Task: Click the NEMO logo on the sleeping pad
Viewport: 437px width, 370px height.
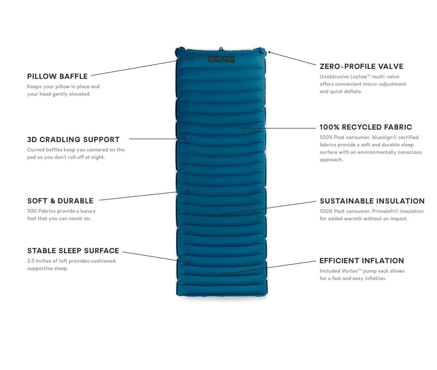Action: point(221,59)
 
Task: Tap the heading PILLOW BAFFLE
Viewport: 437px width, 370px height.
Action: point(57,76)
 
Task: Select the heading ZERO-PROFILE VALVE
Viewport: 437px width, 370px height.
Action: point(361,66)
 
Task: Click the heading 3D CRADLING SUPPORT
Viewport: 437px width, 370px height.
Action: point(73,140)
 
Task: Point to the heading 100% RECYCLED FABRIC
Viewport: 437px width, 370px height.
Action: point(366,127)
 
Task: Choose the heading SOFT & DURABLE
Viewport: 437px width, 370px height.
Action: point(60,201)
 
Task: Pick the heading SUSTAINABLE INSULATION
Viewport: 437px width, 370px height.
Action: point(372,201)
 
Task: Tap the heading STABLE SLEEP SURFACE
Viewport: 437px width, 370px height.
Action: point(73,251)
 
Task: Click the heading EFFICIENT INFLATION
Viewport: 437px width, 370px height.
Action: point(362,261)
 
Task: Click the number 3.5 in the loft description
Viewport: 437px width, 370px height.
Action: point(31,261)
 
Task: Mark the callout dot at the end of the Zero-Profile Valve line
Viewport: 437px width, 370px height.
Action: point(269,52)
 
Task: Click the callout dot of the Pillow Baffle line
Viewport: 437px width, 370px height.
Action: point(192,58)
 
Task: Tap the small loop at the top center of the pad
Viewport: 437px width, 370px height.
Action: point(221,49)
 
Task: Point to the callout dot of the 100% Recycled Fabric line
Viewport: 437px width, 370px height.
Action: point(243,128)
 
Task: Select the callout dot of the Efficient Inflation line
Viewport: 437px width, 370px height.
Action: point(222,274)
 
